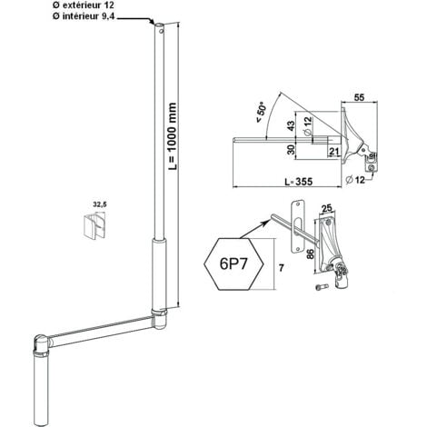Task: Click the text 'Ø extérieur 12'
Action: [x=84, y=5]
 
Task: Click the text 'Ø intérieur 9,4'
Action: [x=84, y=16]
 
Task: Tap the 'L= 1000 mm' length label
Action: [x=173, y=136]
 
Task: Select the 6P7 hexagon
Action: [x=233, y=264]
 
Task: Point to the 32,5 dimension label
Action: [x=100, y=204]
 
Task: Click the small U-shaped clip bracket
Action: [x=94, y=225]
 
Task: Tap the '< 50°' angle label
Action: [x=261, y=113]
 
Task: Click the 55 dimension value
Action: [x=359, y=97]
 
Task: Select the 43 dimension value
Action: [x=291, y=125]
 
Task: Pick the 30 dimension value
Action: [x=291, y=150]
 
